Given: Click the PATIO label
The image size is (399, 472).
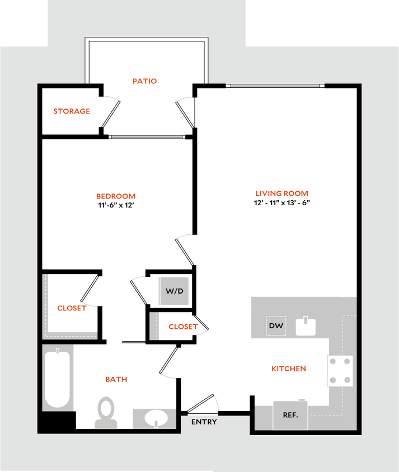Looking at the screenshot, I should coord(145,81).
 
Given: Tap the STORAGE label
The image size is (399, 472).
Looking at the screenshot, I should coord(72,111).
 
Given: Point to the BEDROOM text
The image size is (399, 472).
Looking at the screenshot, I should coord(116,196).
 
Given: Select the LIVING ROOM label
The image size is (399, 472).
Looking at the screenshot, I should coord(282,194).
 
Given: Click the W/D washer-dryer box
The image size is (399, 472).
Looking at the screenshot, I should coord(174,291).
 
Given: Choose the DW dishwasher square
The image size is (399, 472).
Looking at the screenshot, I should coord(276,326).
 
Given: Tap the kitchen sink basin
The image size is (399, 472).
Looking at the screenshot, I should coord(306,328).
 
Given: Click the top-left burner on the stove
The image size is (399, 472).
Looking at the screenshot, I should coord(334,361).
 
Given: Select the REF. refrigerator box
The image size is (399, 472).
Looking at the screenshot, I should coord(290,415).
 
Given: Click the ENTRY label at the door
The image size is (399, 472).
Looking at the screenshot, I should coord(204,422).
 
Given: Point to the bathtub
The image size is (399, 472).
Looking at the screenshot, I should coord(57,379).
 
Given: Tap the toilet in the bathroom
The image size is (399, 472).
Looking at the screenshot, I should coord(106,412).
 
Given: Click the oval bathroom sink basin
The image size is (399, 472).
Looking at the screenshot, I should coord(156,418).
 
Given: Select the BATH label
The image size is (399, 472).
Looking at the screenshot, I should coord(116,379).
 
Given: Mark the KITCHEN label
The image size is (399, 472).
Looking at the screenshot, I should coord(289,369).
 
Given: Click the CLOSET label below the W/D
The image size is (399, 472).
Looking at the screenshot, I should coord(182,327).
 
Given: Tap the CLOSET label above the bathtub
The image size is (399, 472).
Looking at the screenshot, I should coord(72,308).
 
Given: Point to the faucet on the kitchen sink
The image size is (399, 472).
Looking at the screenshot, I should coord(306,320).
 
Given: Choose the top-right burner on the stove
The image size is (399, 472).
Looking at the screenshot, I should coord(348,361).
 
